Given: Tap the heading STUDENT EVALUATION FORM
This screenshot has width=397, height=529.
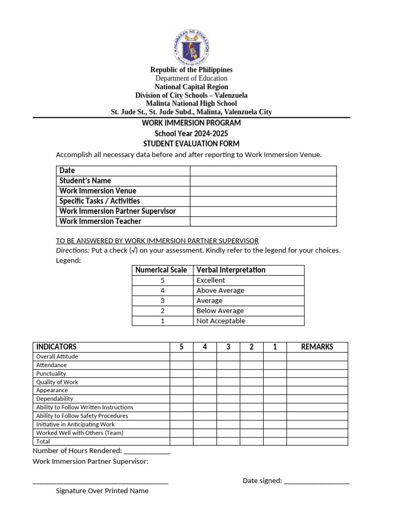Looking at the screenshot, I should point(191,144).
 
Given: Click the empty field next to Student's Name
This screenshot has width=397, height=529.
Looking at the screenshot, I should point(263,181).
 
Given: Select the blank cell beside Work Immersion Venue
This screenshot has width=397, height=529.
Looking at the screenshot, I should point(263,191).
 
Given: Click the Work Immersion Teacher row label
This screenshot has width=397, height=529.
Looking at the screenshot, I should point(100,222).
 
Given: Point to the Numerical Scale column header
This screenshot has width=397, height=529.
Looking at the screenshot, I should point(161,270).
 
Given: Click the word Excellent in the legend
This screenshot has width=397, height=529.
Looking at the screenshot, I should point(211,281).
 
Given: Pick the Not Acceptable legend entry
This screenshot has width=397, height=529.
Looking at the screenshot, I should point(221,321).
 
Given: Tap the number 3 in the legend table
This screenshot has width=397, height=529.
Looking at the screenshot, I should point(162,301).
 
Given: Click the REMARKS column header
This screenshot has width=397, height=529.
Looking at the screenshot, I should point(317,347).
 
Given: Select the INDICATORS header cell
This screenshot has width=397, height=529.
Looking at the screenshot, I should point(56,347).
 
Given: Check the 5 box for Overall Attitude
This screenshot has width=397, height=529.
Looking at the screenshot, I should point(181,356).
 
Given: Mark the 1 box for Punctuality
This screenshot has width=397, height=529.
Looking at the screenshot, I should point(275,374).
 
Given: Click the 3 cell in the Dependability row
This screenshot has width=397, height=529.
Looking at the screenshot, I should point(228,399).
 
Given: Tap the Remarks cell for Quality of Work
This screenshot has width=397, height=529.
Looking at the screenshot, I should point(317,382).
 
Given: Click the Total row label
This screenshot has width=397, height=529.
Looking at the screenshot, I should point(43,442).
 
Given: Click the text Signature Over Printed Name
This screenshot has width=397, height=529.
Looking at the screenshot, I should point(102,491).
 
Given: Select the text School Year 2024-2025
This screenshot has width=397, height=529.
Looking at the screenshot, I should point(191,133).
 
